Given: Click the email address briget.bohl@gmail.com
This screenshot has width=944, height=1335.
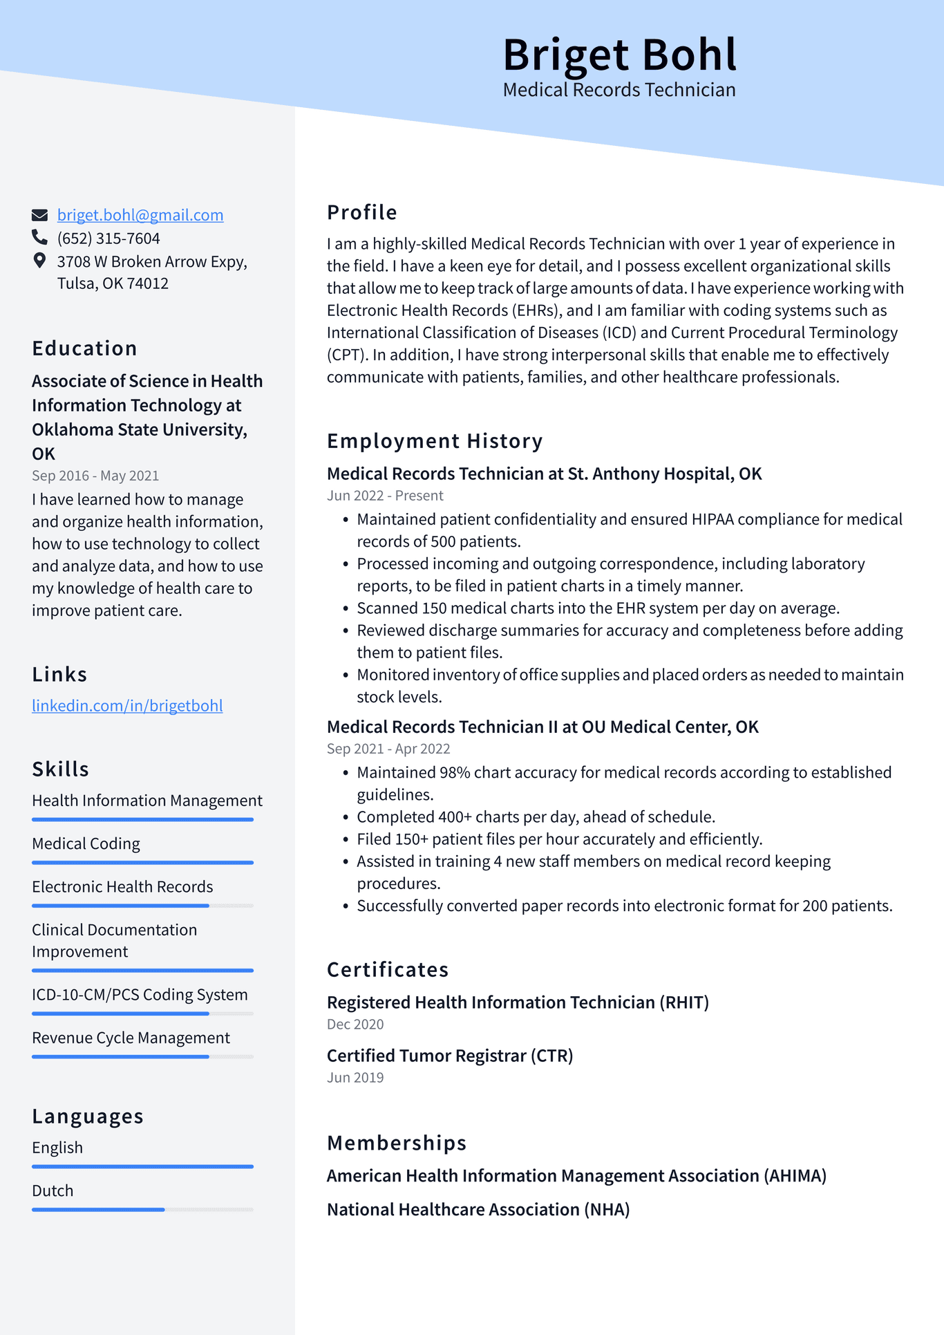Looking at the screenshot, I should coord(140,215).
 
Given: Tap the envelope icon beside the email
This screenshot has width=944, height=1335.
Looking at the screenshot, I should coord(40,215).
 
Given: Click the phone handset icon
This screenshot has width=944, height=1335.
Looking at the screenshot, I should coord(39,238).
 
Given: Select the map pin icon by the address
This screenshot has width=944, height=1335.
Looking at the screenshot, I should coord(39,261).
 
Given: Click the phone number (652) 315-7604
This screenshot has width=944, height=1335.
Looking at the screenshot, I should coord(108,239).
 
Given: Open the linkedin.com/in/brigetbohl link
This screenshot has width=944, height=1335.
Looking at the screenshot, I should coord(127,706).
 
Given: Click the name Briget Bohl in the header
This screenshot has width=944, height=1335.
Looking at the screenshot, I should coord(619,55).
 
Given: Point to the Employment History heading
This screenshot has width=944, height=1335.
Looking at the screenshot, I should coord(435,441).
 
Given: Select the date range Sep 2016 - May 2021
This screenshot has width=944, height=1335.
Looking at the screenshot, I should coord(95,476).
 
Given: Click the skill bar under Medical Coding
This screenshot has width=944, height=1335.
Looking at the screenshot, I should coord(142,862).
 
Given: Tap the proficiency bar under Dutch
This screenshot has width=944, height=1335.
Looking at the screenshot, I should coord(142,1209).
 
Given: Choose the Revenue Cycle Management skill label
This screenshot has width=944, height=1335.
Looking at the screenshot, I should coord(131,1038).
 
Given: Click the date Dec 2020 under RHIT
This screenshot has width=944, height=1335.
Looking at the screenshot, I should coord(355,1024).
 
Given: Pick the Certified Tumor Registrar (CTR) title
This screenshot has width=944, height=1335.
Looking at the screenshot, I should coord(450,1056).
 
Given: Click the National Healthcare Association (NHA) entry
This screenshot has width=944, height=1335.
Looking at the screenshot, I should coord(478,1209).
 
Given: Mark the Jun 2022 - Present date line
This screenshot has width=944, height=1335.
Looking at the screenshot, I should coord(385,496).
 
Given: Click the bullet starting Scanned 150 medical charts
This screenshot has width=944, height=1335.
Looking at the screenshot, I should coord(598,608).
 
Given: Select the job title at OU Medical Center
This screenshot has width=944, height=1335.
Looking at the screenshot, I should coord(542,727).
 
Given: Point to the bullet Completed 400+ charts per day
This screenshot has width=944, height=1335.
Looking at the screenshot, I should coord(536,817).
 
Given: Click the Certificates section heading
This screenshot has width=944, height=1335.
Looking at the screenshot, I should coord(388,970).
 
